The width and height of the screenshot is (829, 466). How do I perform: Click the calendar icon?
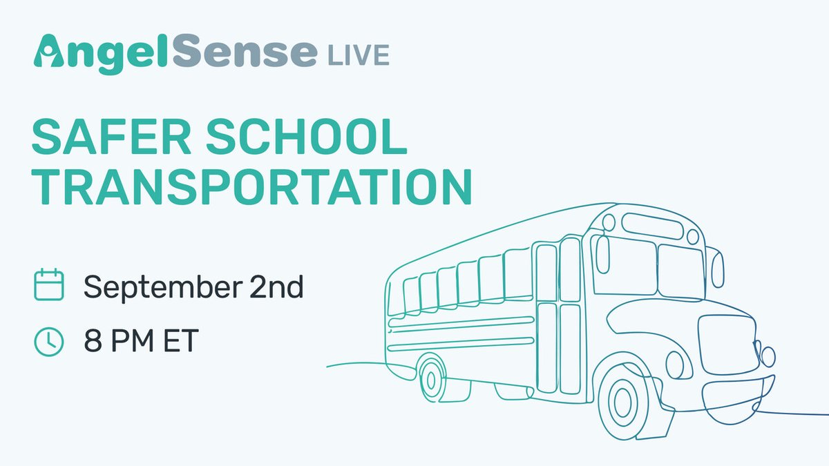tap(49, 285)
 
